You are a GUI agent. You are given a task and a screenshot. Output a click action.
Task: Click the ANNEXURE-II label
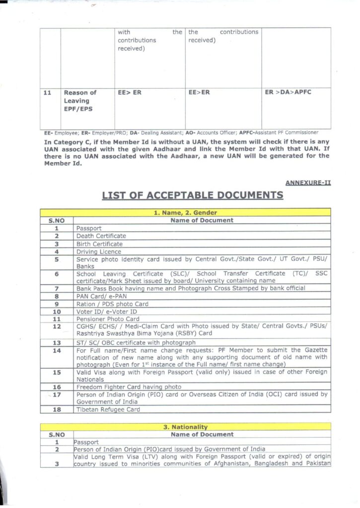point(308,183)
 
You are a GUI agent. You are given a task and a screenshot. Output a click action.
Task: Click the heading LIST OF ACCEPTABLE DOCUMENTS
point(193,195)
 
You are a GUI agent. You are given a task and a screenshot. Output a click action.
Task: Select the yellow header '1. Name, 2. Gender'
point(185,213)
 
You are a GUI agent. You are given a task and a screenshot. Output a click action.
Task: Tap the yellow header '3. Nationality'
point(186,427)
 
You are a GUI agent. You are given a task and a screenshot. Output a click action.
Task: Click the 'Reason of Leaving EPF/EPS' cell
point(80,101)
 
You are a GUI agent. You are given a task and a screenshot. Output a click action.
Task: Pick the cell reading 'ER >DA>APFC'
point(288,92)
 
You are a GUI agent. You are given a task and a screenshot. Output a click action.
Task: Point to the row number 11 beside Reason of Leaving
point(48,93)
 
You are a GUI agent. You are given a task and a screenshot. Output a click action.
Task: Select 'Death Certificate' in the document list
point(101,236)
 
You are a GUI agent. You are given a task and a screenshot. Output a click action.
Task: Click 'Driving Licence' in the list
point(99,252)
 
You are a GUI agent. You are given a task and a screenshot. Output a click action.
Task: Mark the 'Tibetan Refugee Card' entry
point(108,410)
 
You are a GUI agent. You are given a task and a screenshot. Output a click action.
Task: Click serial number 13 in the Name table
point(57,342)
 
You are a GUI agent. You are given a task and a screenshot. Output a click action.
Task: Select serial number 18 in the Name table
point(57,410)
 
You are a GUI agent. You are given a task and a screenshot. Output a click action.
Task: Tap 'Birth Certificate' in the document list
point(99,244)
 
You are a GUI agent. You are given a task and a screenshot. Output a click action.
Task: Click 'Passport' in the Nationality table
point(86,442)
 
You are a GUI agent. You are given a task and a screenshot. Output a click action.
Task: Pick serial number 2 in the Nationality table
point(57,449)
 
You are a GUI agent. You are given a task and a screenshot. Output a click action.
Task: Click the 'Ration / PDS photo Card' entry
point(112,304)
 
